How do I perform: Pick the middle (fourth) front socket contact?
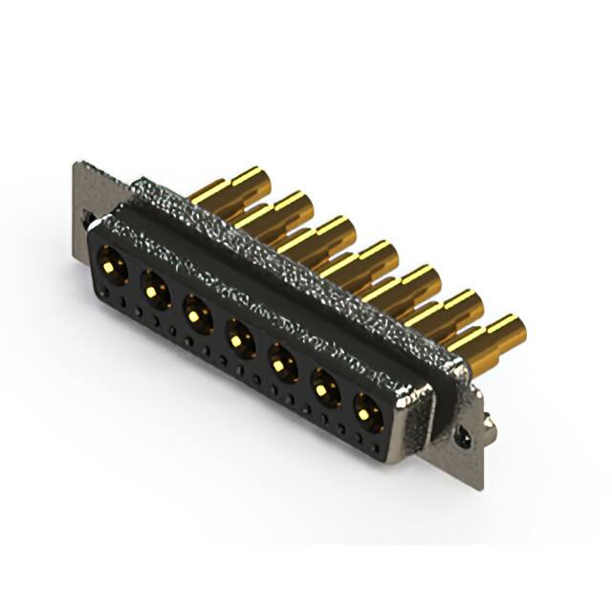point(237,337)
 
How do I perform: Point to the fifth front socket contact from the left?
point(280,362)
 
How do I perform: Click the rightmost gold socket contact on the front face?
point(368,412)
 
